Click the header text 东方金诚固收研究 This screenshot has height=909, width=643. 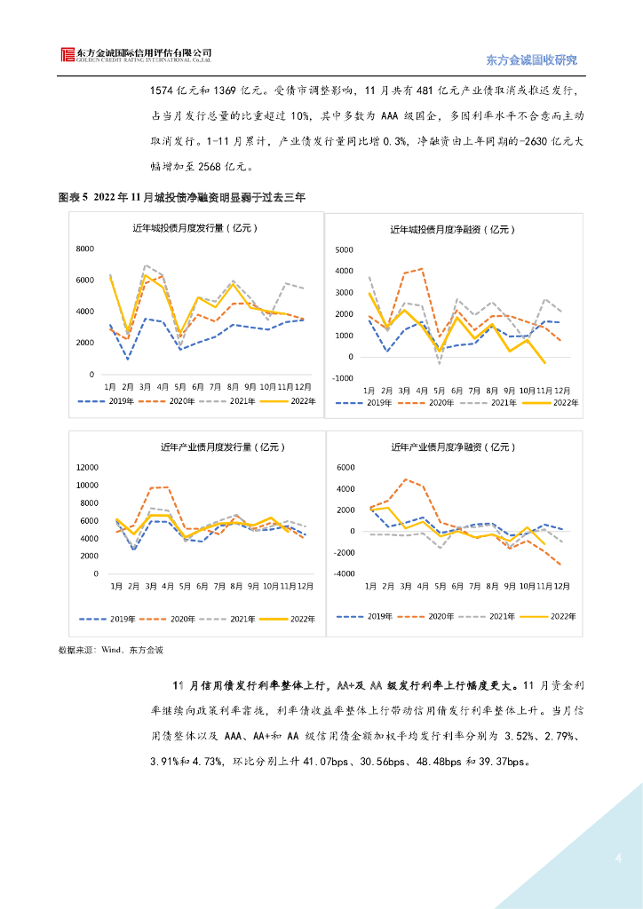532,60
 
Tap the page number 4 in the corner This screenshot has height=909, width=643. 618,858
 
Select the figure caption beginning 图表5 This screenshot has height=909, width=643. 181,197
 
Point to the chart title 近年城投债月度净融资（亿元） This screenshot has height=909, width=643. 453,230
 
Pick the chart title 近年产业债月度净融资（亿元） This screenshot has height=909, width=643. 453,447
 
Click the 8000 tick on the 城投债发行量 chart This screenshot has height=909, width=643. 86,249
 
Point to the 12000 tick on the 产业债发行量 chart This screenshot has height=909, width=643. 85,467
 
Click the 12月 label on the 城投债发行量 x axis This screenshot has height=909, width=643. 304,387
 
